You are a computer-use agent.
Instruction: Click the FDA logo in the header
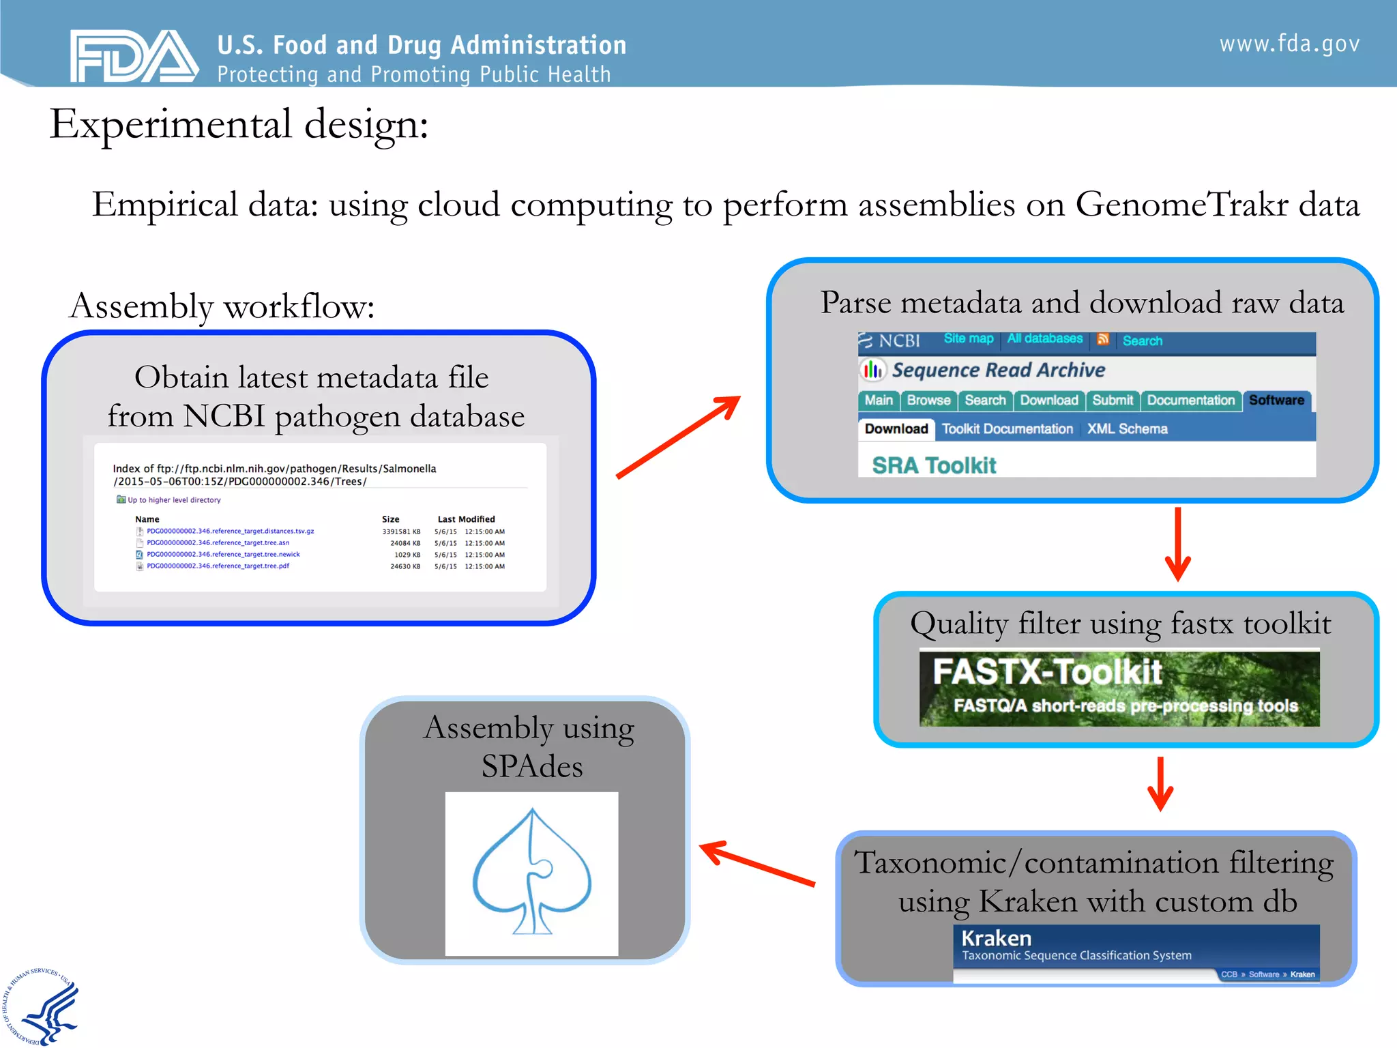(x=134, y=56)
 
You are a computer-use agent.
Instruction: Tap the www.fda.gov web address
(x=1289, y=44)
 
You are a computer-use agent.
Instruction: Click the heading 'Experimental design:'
(x=239, y=124)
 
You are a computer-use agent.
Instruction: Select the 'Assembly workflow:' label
(x=222, y=306)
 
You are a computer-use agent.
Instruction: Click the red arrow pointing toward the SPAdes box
(x=757, y=863)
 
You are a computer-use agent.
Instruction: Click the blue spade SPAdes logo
(x=532, y=873)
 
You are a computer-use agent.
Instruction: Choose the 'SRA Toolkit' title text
(x=934, y=465)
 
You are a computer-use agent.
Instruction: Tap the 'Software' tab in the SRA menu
(x=1276, y=401)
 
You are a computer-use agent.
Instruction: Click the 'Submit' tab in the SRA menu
(x=1112, y=401)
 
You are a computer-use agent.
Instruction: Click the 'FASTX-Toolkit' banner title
(x=1047, y=672)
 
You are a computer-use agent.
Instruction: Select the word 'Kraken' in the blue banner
(x=996, y=938)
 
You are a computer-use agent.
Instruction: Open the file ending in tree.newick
(x=223, y=555)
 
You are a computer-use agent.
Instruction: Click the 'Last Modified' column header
(x=466, y=519)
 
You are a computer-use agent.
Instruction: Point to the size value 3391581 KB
(x=400, y=532)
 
